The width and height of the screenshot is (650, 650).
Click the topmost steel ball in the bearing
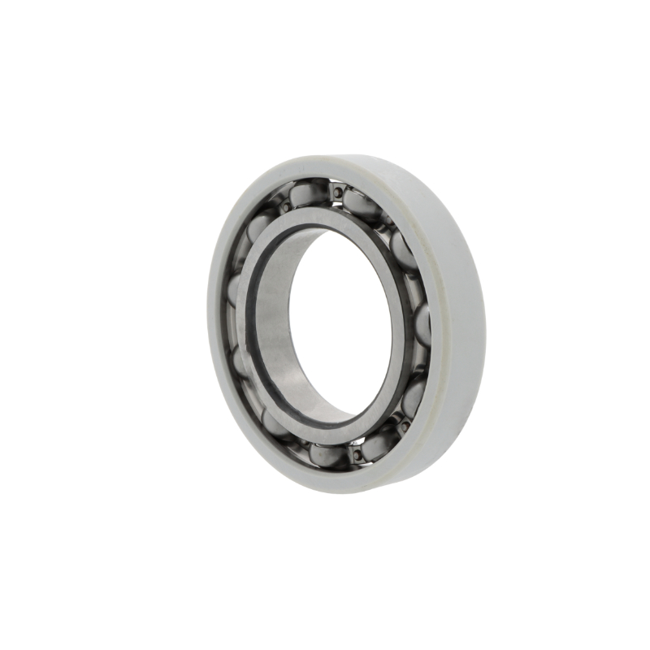[x=307, y=194]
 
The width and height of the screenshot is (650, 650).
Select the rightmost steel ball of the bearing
[x=422, y=325]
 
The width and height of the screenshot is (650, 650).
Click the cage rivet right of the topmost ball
[x=335, y=192]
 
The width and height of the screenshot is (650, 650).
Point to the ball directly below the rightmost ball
[x=413, y=396]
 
